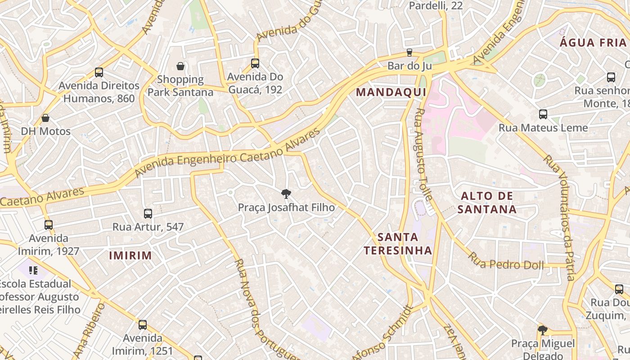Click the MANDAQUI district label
[391, 92]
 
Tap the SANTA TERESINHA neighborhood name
[398, 243]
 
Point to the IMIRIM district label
[130, 256]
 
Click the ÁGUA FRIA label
[593, 43]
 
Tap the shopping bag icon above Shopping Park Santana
[180, 66]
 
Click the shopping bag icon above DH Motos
[45, 118]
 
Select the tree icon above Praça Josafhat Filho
[285, 194]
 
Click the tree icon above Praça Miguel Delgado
[543, 330]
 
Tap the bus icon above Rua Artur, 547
[148, 213]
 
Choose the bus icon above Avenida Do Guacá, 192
[255, 63]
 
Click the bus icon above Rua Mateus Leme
[543, 114]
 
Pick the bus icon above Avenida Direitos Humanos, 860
[99, 72]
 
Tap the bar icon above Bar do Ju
[409, 53]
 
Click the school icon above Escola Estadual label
[33, 270]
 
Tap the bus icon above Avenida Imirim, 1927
[49, 225]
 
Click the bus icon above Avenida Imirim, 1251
[143, 324]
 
